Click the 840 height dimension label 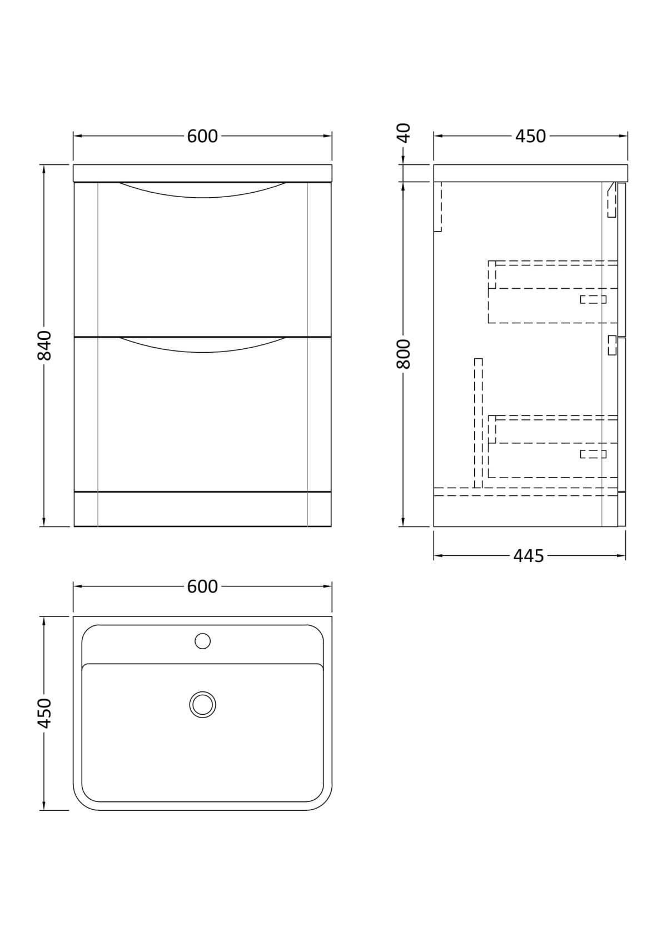click(x=44, y=345)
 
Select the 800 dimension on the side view click(x=403, y=354)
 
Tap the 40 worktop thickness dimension click(x=403, y=133)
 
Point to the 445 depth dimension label click(x=529, y=556)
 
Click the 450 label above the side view click(x=530, y=136)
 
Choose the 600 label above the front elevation click(x=202, y=136)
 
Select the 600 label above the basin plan click(x=202, y=586)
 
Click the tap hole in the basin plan click(x=203, y=641)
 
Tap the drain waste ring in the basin click(x=203, y=704)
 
